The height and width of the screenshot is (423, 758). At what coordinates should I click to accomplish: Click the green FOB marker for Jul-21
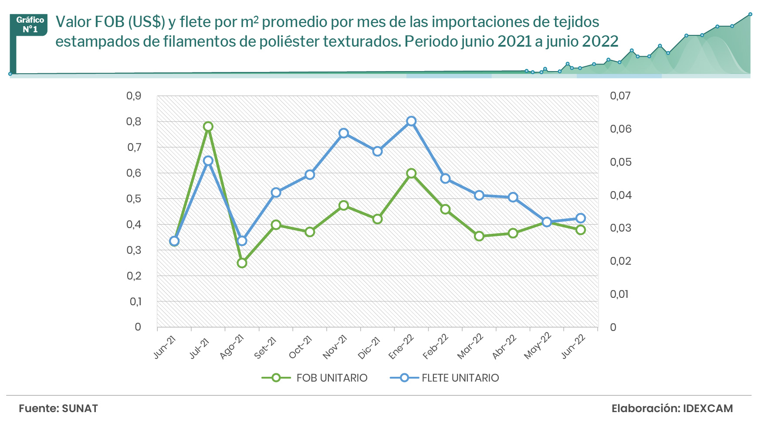coord(208,127)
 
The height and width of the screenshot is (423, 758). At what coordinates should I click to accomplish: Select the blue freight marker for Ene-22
coord(411,121)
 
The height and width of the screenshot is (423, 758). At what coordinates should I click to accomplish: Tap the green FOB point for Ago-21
coord(242,263)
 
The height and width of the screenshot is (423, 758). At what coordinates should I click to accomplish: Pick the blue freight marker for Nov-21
coord(344,133)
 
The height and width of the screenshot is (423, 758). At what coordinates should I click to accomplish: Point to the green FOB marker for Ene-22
coord(411,174)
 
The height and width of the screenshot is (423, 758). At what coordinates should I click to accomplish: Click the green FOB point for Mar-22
coord(479,236)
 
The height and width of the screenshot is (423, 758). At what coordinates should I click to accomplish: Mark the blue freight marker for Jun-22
coord(581,218)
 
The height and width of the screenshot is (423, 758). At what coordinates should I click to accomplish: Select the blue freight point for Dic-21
coord(378,151)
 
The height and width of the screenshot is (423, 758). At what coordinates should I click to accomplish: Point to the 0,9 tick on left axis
coord(134,96)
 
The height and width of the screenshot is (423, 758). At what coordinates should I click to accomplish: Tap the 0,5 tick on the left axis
coord(134,199)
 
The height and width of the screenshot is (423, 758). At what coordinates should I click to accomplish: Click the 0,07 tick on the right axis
coord(620,96)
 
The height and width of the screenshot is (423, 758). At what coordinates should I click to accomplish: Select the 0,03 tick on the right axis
coord(620,228)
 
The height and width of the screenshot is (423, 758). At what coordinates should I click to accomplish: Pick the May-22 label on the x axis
coord(538,346)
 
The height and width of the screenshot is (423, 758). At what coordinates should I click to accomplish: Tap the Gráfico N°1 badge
coord(30,25)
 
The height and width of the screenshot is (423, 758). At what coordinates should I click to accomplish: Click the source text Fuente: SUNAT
coord(58,409)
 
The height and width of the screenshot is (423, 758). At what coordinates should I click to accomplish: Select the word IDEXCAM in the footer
coord(708,409)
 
